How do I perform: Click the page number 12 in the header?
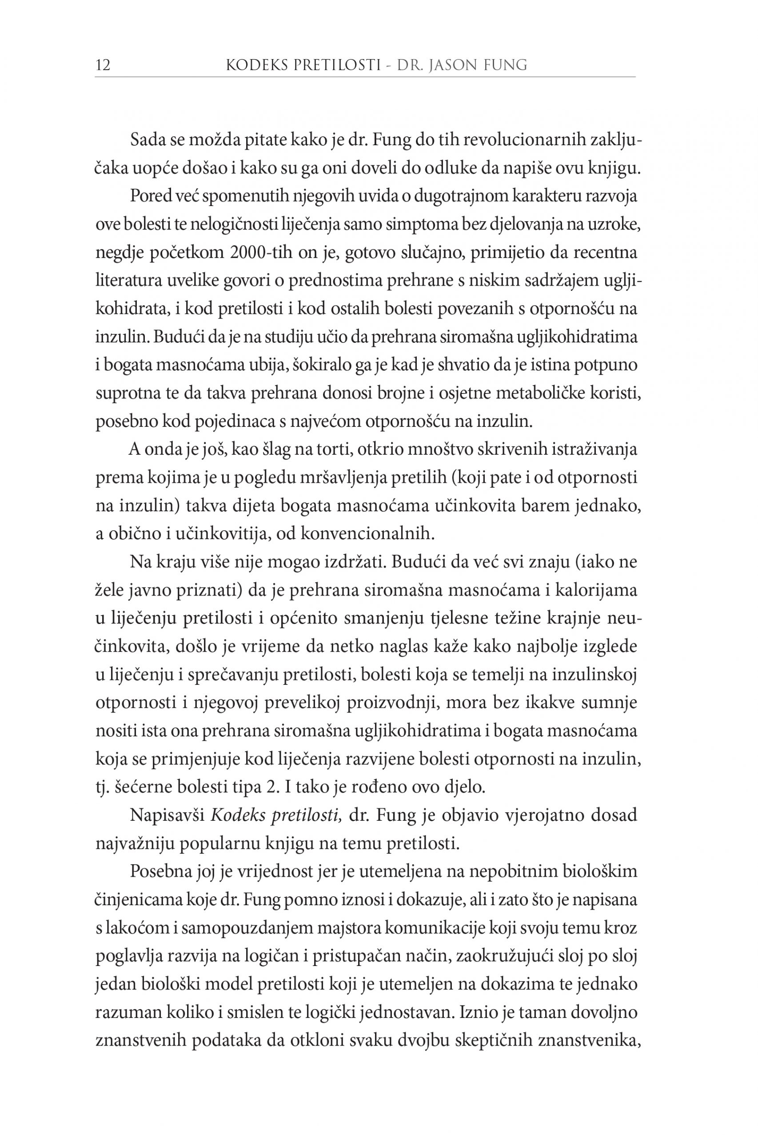click(x=104, y=65)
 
